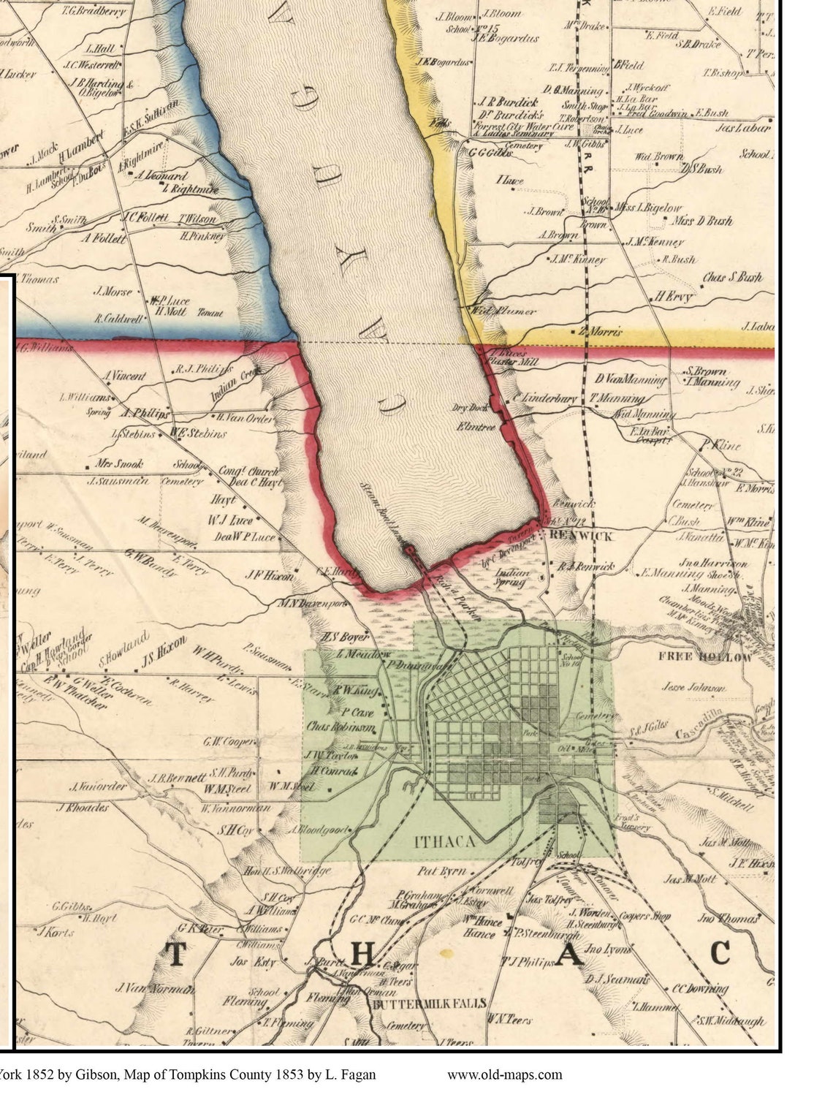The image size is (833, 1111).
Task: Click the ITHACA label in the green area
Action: coord(445,841)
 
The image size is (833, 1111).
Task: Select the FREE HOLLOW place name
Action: coord(705,656)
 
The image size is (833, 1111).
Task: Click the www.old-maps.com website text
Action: coord(505,1074)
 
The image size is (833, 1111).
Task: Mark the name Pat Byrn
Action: coord(442,871)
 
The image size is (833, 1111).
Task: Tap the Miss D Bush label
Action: coord(702,221)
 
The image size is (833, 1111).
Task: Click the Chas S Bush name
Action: coord(732,278)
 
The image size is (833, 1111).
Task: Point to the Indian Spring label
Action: coord(513,578)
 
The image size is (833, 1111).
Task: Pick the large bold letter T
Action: coord(175,955)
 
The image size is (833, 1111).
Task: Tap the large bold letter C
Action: coord(720,953)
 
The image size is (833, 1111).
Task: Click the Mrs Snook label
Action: coord(119,463)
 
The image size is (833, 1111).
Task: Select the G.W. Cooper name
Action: coord(229,742)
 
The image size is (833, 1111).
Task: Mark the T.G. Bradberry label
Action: coord(94,11)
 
